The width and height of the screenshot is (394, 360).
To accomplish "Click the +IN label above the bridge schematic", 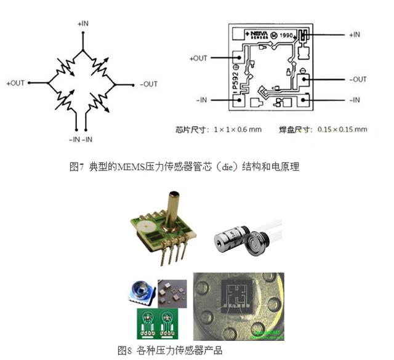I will click(x=83, y=23).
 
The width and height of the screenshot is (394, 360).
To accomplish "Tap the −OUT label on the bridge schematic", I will click(x=148, y=84).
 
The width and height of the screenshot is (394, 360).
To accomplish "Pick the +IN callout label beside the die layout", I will click(x=355, y=35).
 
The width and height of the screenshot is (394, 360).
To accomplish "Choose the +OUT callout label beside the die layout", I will click(x=196, y=58).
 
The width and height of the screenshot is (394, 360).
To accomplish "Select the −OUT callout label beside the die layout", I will click(x=356, y=79).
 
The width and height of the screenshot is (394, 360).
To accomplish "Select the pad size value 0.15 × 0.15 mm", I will click(x=344, y=130).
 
